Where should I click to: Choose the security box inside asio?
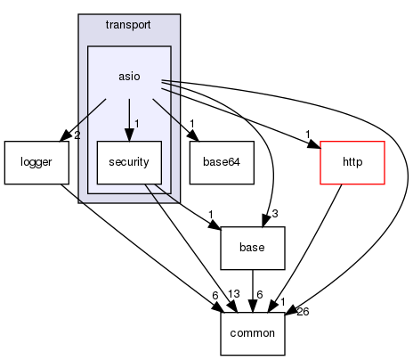click(129, 162)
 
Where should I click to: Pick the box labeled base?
click(253, 248)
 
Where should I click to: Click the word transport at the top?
click(129, 25)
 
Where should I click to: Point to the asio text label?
click(129, 77)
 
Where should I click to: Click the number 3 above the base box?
click(276, 214)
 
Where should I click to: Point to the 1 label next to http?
click(308, 135)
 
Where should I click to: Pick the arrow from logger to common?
click(134, 241)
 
